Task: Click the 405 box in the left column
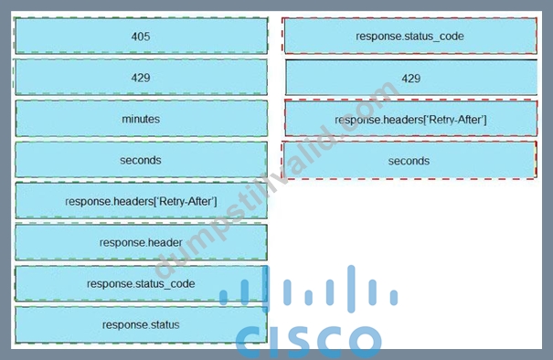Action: [141, 36]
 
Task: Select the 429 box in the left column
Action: [141, 78]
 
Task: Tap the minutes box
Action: [141, 119]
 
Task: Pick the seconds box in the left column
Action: [141, 160]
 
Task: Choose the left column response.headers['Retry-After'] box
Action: [141, 201]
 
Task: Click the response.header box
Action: [141, 242]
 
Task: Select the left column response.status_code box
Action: [141, 283]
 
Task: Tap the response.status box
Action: [141, 324]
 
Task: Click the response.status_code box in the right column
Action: [409, 36]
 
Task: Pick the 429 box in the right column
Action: [411, 78]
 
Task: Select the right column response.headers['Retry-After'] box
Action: [411, 119]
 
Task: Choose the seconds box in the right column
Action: [409, 161]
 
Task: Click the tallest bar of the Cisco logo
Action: [351, 289]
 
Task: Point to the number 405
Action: [141, 37]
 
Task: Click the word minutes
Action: [141, 119]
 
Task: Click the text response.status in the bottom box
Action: [141, 324]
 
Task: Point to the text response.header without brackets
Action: [141, 242]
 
